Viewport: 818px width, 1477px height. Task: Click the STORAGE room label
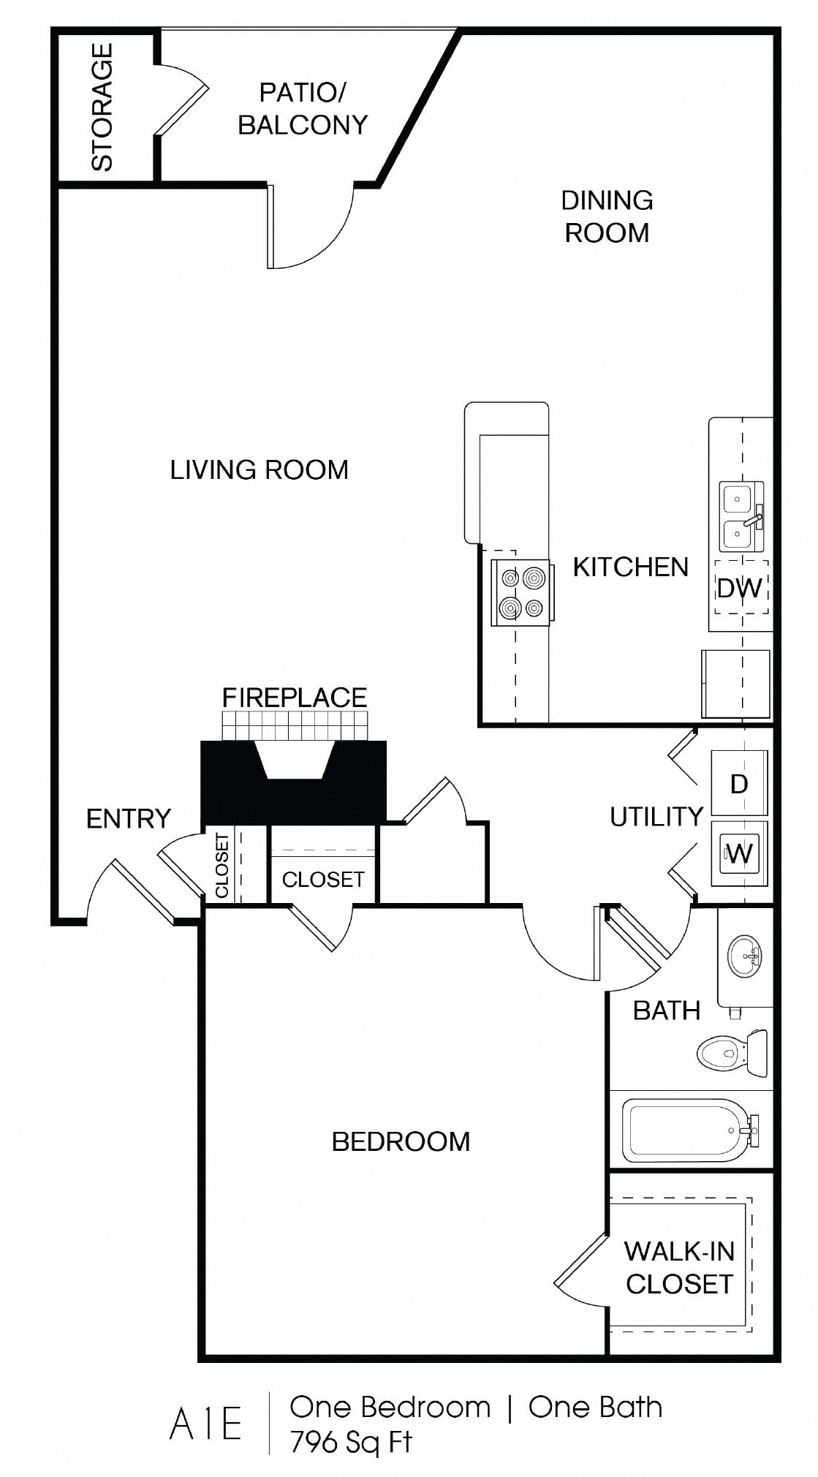pos(102,107)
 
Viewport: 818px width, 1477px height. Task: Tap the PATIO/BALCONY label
pos(303,109)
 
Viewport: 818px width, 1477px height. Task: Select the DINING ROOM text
pos(607,216)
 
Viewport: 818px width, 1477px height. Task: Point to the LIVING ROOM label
pos(259,469)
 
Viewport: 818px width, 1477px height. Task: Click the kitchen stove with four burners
pos(521,593)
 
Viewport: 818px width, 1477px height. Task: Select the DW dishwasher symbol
pos(741,588)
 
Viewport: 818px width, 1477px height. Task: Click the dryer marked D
pos(740,784)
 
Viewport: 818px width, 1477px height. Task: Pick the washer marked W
pos(740,853)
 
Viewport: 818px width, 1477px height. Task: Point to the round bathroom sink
pos(745,955)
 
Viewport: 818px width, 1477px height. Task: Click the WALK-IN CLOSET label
pos(679,1267)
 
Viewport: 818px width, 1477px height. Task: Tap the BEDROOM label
pos(401,1141)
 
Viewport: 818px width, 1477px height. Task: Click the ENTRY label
pos(129,818)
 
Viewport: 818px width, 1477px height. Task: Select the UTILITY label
pos(656,817)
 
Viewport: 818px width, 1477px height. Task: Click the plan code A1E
pos(206,1425)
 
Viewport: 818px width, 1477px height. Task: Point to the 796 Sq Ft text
pos(352,1442)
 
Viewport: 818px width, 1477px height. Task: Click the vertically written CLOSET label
pos(222,866)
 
